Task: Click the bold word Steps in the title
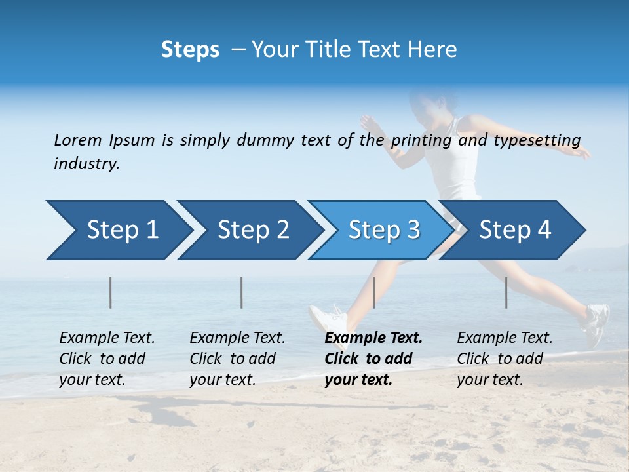pos(190,50)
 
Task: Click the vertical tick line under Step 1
pos(111,292)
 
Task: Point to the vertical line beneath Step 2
pos(242,292)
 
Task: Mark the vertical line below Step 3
pos(373,292)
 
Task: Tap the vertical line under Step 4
pos(506,292)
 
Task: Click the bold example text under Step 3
pos(373,359)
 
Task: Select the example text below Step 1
pos(107,359)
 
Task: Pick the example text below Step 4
pos(505,359)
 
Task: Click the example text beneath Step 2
pos(237,359)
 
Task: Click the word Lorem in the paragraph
pos(78,140)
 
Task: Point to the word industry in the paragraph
pos(86,164)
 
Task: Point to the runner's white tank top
pos(461,157)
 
